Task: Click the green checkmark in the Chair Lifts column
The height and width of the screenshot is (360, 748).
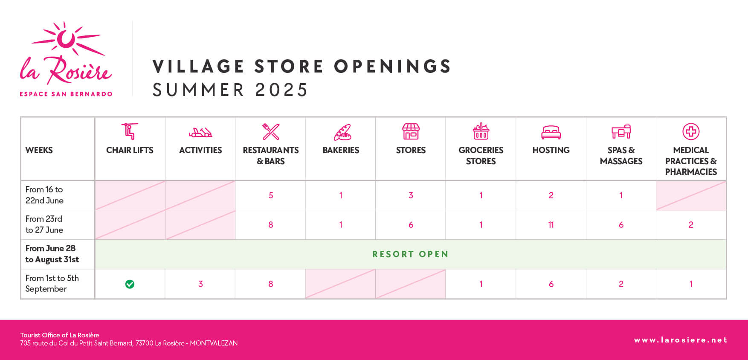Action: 130,284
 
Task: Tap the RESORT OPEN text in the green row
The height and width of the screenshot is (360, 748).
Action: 411,254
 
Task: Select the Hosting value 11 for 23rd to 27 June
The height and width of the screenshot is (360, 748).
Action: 551,225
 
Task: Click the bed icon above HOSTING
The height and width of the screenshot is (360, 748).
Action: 551,132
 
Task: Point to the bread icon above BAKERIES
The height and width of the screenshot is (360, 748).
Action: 342,132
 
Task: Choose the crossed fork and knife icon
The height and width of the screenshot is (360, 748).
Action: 271,132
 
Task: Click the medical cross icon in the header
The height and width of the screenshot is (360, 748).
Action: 691,131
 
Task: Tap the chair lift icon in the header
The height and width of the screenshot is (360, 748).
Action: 130,131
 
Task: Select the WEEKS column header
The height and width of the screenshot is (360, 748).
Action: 39,150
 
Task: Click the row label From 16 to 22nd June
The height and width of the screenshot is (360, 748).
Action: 44,195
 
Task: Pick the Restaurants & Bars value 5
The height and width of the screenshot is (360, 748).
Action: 271,195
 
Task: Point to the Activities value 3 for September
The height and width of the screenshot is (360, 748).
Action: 200,284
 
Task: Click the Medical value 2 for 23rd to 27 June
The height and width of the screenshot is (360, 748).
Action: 691,225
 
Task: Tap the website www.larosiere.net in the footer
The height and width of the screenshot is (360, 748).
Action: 681,340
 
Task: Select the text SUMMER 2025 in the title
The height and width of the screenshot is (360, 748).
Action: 230,90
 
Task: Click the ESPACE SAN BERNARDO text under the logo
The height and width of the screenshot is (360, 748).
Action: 66,94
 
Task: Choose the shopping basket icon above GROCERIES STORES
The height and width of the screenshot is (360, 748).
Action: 481,131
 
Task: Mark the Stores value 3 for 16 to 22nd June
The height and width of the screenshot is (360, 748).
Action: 411,195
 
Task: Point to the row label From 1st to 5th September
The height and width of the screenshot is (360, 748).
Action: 52,284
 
